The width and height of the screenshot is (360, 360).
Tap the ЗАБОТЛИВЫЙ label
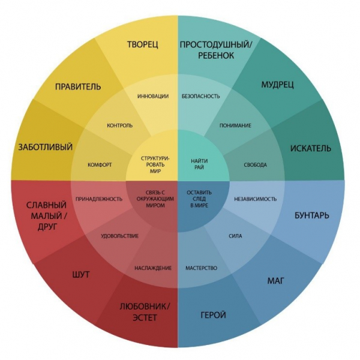(46, 147)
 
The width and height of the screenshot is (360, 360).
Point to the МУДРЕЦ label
(277, 85)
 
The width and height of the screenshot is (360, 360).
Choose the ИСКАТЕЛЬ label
(310, 148)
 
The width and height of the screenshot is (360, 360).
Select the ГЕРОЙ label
(214, 315)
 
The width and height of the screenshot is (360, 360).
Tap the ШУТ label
(80, 275)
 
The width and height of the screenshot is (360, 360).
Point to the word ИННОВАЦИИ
(152, 96)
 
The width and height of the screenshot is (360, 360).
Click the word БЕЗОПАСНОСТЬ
(200, 96)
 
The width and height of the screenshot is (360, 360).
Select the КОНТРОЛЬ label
(120, 125)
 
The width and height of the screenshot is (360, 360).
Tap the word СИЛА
(236, 236)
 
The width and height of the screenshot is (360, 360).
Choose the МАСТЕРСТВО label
(201, 268)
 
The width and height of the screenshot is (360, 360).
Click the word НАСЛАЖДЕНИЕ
(153, 268)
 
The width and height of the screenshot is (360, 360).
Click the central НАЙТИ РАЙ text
(200, 165)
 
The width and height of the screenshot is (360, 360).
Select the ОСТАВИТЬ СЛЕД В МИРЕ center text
(199, 199)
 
